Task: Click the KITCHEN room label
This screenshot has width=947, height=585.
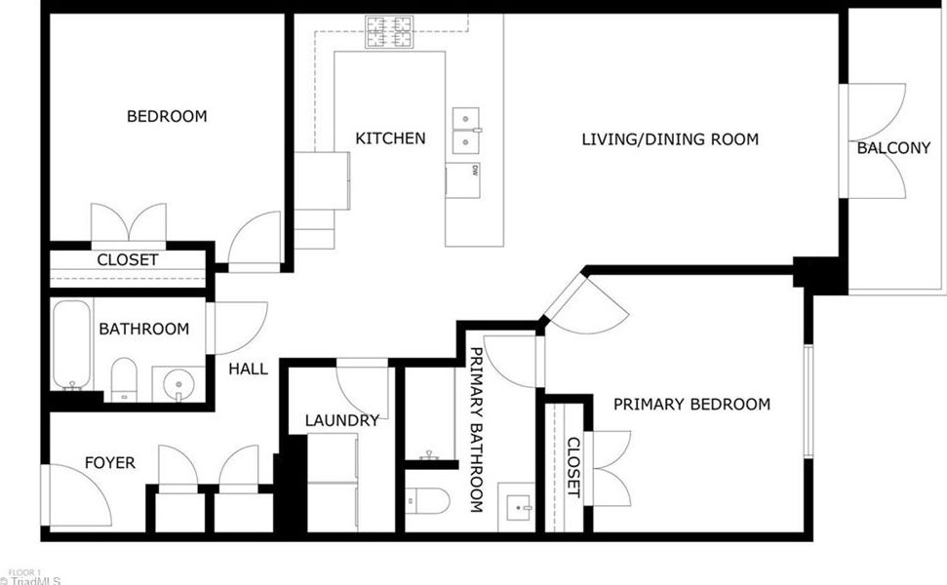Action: click(x=390, y=138)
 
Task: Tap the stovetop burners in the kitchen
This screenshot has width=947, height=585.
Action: click(x=389, y=32)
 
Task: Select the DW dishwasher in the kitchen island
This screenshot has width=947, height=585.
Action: click(x=463, y=180)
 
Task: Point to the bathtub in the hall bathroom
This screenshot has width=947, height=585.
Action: click(x=72, y=345)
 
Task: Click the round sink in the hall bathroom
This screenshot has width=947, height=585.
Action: click(x=178, y=383)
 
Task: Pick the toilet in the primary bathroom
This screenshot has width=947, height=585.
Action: click(x=427, y=500)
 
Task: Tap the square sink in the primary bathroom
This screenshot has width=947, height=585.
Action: click(x=516, y=507)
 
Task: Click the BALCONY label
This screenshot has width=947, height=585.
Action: click(x=894, y=148)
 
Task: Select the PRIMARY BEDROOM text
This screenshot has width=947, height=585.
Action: click(x=691, y=404)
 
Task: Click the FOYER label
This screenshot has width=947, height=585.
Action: click(x=110, y=463)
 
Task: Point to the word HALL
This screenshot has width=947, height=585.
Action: click(x=249, y=369)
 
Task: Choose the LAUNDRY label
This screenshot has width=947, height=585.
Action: click(x=342, y=420)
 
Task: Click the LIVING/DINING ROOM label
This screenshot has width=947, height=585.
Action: click(x=670, y=139)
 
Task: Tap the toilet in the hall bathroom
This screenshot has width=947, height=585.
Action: click(x=124, y=379)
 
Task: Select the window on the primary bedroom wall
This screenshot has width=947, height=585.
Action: click(x=809, y=402)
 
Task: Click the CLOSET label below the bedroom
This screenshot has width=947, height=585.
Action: click(x=128, y=260)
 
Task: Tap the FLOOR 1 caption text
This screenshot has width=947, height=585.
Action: click(x=24, y=572)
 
